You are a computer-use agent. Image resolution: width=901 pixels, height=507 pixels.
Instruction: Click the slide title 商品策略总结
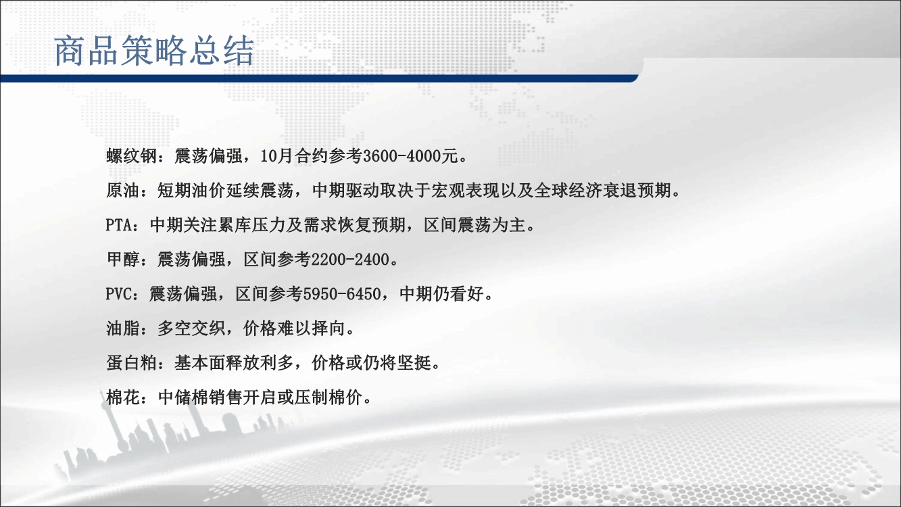(154, 51)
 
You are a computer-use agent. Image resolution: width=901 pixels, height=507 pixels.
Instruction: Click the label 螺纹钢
(132, 156)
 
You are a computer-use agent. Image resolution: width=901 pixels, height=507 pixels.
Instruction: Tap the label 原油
(123, 191)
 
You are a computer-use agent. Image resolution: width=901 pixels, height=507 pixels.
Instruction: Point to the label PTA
(119, 225)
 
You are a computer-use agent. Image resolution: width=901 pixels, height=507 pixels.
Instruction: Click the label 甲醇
(123, 260)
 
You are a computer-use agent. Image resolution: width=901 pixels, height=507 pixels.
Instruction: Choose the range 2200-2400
(350, 260)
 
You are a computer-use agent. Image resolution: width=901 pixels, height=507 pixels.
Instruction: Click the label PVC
(118, 294)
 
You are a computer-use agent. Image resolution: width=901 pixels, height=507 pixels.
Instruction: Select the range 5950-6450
(341, 294)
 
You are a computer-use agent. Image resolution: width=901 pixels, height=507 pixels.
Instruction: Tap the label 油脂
(123, 329)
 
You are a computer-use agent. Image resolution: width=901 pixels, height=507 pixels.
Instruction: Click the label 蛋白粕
(132, 364)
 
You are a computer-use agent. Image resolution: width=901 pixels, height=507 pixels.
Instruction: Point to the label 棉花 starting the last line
(123, 398)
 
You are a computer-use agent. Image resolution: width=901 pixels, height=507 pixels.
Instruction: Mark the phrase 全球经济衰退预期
(602, 191)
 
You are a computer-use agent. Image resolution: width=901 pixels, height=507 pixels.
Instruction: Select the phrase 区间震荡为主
(474, 225)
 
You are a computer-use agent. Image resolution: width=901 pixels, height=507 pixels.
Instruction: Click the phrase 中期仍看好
(441, 294)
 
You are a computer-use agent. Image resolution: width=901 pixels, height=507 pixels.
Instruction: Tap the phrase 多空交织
(191, 329)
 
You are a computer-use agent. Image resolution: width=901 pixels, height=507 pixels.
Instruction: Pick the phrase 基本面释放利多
(233, 364)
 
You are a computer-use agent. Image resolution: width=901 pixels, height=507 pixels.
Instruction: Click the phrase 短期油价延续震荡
(225, 191)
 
